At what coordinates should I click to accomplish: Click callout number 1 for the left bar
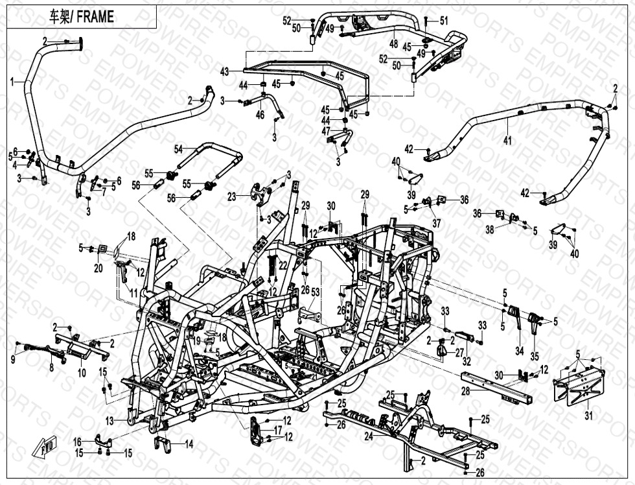point(12,82)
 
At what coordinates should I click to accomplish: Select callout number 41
point(507,140)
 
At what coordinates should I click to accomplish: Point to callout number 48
point(393,44)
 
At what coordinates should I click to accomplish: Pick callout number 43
point(225,71)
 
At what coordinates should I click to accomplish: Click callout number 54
point(178,149)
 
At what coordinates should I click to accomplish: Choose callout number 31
point(588,415)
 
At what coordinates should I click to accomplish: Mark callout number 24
point(369,437)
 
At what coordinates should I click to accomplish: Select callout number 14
point(189,444)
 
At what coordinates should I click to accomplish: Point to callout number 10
point(81,373)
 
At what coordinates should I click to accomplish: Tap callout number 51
point(444,21)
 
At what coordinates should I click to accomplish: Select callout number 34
point(519,351)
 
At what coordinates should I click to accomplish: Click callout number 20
point(98,268)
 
